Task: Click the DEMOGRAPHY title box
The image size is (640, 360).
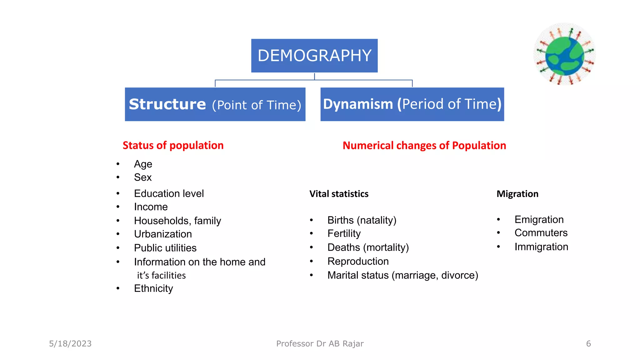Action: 314,56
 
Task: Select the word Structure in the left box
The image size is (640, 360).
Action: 167,104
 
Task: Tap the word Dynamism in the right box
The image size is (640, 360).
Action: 358,104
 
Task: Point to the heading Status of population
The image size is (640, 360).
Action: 173,145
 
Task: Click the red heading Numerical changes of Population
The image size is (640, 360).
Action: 424,146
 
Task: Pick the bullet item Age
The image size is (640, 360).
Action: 143,164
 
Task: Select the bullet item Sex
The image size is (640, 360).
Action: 143,177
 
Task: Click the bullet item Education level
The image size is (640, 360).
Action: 169,193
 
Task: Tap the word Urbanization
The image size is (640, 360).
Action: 163,234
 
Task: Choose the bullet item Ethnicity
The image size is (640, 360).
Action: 153,288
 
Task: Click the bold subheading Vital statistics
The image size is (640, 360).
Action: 339,194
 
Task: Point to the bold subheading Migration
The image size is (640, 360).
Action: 517,194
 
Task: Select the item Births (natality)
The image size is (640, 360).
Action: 362,220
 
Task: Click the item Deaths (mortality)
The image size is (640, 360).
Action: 368,247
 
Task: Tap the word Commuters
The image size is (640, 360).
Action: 541,233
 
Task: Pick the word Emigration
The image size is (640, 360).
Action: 539,219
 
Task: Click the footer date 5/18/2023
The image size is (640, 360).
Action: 70,344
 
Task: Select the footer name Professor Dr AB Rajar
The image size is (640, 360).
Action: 320,344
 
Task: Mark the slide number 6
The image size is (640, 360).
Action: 588,344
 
